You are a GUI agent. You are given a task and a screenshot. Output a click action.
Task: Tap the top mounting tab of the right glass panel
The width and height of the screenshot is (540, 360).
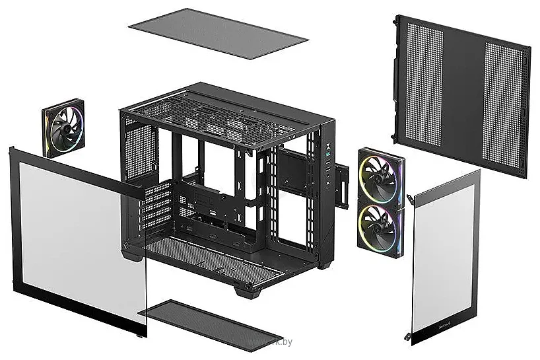pos(410,199)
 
